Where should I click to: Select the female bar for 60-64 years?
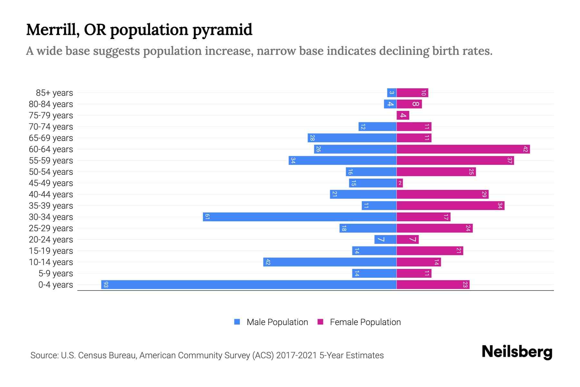pos(463,149)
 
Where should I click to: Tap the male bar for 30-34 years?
pos(300,217)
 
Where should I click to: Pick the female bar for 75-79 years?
pos(403,115)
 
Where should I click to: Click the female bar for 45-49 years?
pos(400,183)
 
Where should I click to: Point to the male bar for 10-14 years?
pos(330,262)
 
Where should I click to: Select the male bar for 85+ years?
pos(391,93)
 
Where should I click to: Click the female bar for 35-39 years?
pos(450,206)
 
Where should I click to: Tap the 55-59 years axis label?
pos(51,161)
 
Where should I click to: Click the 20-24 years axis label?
pos(51,240)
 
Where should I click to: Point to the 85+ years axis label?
pos(54,93)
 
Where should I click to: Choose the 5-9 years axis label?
pos(56,273)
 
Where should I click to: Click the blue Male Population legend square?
pos(237,322)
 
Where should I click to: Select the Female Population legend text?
pos(365,322)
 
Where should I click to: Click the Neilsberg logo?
pos(517,352)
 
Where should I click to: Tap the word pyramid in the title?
pos(222,30)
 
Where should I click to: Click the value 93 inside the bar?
pos(106,285)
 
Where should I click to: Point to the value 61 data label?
pos(207,217)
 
